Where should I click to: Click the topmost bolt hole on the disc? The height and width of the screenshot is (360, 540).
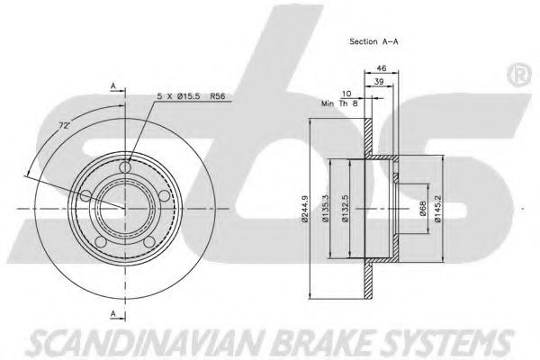click(x=126, y=166)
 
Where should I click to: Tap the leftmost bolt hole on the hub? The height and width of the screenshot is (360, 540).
click(x=86, y=195)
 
